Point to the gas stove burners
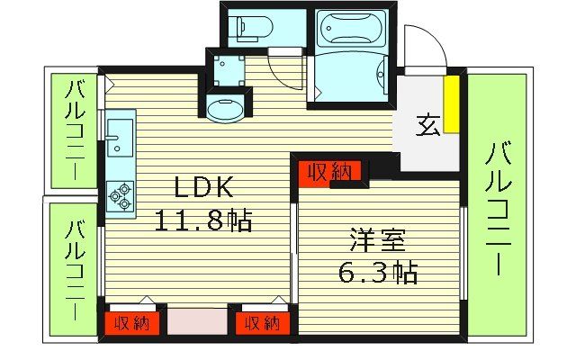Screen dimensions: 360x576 120,195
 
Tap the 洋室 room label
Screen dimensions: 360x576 378,240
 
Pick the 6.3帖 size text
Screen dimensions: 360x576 379,272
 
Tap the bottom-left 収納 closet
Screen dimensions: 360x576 133,322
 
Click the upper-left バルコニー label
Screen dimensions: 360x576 75,131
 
